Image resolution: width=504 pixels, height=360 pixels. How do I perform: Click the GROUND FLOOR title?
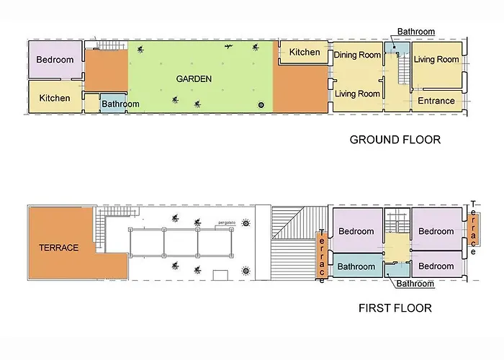395,140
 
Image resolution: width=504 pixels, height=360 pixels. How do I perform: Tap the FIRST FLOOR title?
395,308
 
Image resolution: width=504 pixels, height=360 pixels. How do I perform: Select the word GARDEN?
194,79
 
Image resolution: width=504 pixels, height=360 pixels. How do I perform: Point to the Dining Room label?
357,55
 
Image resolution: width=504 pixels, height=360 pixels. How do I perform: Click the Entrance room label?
436,101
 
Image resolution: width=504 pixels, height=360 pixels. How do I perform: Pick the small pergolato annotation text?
227,222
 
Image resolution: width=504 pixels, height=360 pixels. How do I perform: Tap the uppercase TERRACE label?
59,248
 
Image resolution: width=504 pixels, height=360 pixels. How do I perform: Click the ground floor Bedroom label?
55,60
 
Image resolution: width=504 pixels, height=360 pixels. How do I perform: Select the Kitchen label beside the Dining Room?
305,52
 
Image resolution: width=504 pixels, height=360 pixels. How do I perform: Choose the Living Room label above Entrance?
436,60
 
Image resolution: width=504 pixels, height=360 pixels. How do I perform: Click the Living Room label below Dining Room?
357,94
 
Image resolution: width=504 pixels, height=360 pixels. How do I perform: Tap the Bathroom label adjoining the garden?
120,104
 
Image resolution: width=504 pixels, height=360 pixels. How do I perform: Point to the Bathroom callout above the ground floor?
416,32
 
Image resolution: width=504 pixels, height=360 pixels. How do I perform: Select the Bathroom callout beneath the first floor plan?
415,284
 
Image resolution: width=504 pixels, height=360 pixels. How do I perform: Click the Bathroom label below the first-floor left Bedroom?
356,267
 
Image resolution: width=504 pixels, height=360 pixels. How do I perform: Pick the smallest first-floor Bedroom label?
436,266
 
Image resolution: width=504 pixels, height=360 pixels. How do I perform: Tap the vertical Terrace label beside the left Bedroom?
322,256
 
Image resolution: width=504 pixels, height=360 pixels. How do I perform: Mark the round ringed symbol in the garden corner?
261,105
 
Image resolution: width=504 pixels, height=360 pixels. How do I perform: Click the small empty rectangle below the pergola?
220,275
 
